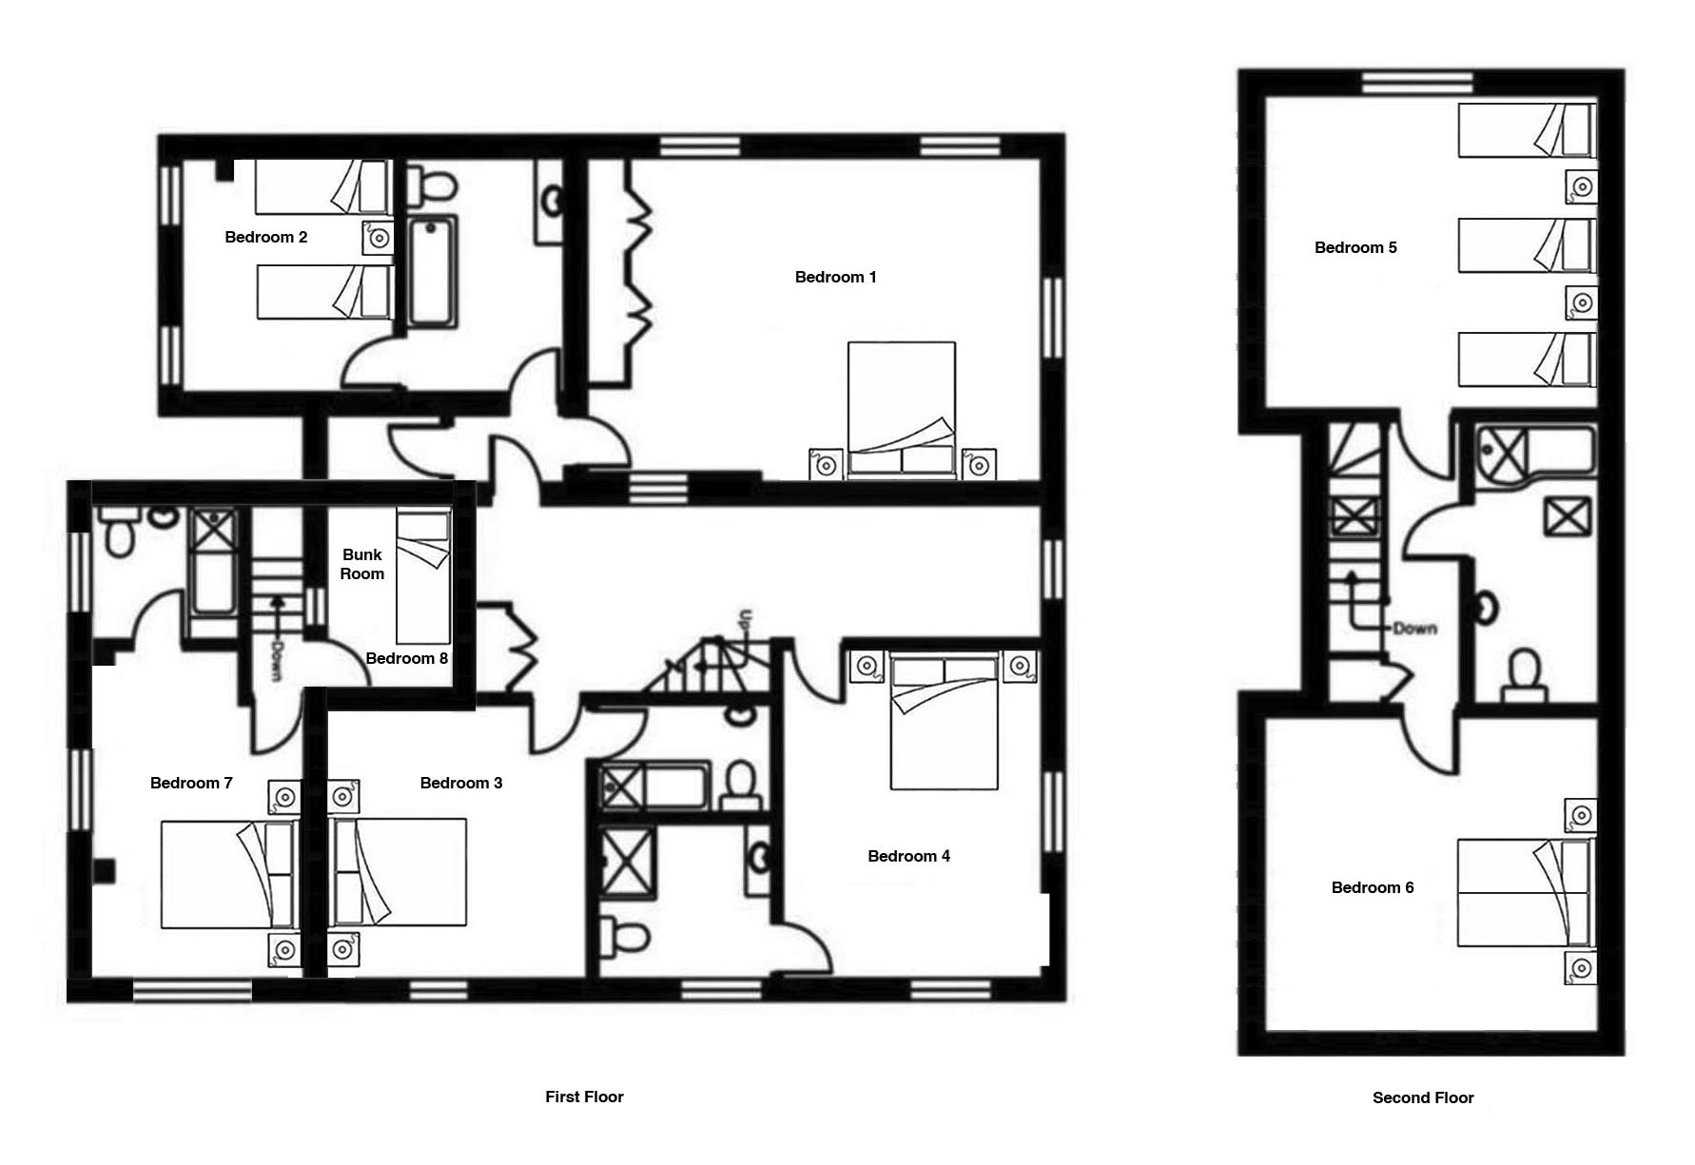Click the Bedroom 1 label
pyautogui.click(x=835, y=277)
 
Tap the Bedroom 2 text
pyautogui.click(x=265, y=237)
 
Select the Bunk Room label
pyautogui.click(x=362, y=564)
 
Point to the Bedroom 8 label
pyautogui.click(x=406, y=658)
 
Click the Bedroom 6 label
pyautogui.click(x=1372, y=887)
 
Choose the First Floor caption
pyautogui.click(x=584, y=1097)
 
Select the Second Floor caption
pyautogui.click(x=1423, y=1097)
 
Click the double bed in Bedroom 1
pyautogui.click(x=902, y=410)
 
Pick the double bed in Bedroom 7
pyautogui.click(x=228, y=874)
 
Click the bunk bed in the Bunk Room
pyautogui.click(x=423, y=577)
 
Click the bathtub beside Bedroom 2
pyautogui.click(x=433, y=273)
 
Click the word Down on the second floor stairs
pyautogui.click(x=1414, y=629)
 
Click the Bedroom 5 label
pyautogui.click(x=1355, y=247)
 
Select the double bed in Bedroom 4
pyautogui.click(x=945, y=722)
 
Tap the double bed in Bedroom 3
pyautogui.click(x=398, y=872)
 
